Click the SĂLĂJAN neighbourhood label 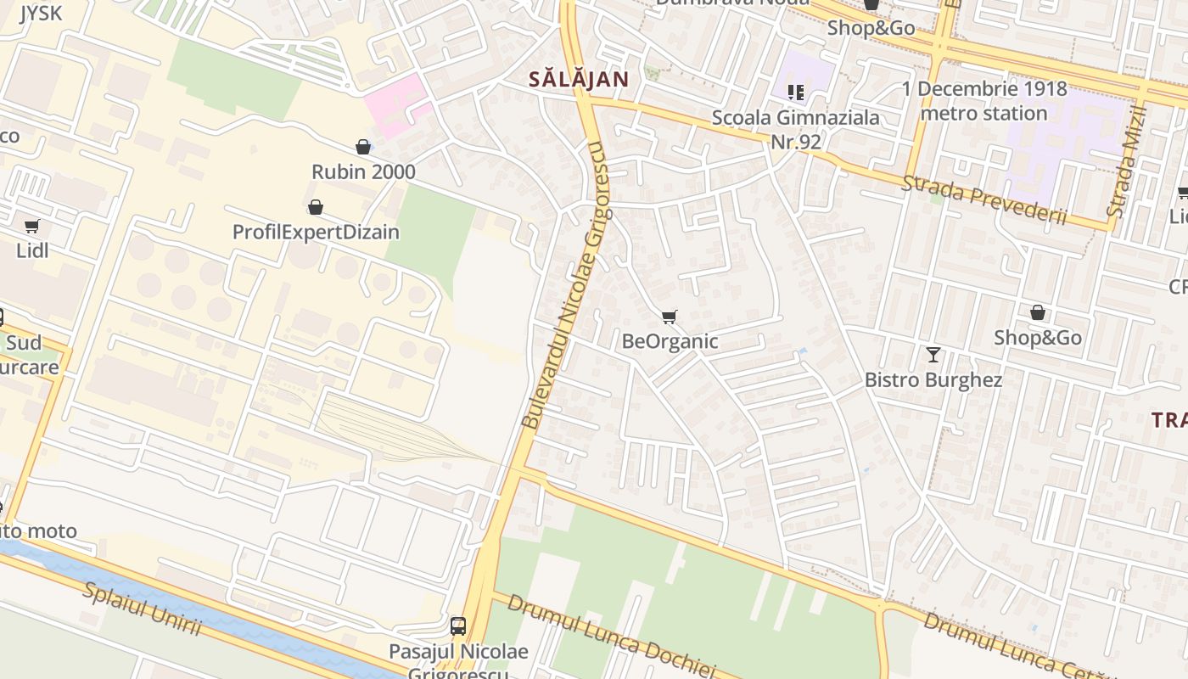tap(579, 80)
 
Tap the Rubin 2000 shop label tap(363, 171)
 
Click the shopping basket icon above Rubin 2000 tap(363, 147)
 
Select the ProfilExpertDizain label tap(316, 232)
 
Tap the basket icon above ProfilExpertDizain tap(316, 207)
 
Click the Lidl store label tap(32, 250)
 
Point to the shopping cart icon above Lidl tap(32, 226)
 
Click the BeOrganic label tap(670, 341)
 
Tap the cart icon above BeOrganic tap(670, 317)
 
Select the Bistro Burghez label tap(933, 379)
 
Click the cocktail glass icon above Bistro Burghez tap(933, 355)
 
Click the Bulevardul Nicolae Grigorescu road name tap(565, 285)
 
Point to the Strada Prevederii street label tap(983, 200)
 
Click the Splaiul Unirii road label tap(142, 608)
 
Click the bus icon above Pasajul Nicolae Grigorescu tap(458, 626)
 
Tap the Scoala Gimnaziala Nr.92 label tap(795, 129)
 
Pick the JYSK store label tap(41, 13)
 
